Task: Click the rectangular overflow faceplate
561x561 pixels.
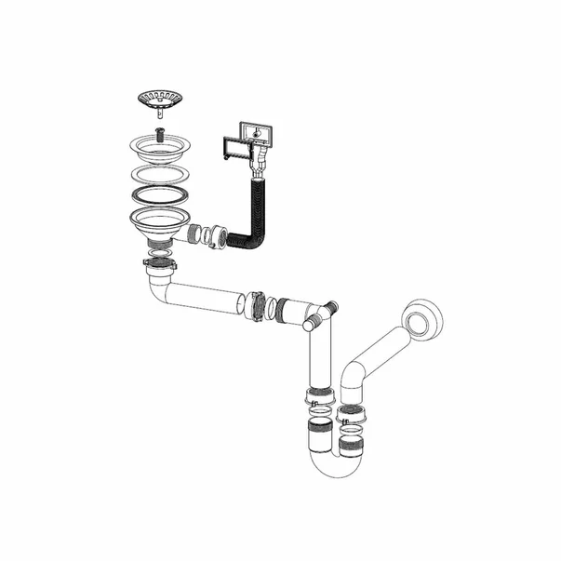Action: pos(255,135)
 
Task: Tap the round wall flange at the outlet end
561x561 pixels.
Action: pos(423,318)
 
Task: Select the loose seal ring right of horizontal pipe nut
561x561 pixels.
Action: pos(266,308)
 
